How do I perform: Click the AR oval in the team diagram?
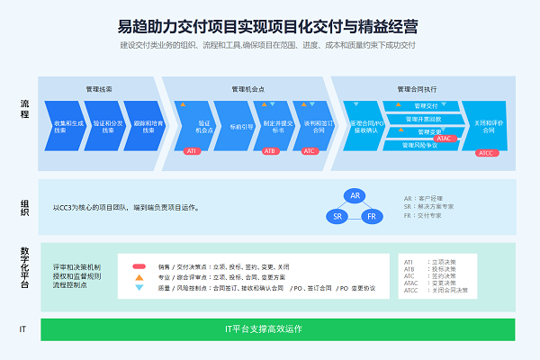pyautogui.click(x=355, y=195)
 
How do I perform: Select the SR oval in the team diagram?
pyautogui.click(x=337, y=217)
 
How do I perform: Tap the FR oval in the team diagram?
pyautogui.click(x=373, y=217)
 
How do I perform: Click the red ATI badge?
pyautogui.click(x=192, y=151)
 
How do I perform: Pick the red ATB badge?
pyautogui.click(x=269, y=151)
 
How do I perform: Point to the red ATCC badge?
pyautogui.click(x=486, y=152)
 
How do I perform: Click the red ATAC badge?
pyautogui.click(x=443, y=139)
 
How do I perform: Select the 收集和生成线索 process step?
pyautogui.click(x=67, y=125)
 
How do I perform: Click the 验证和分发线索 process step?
pyautogui.click(x=106, y=125)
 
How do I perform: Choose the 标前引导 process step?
pyautogui.click(x=238, y=125)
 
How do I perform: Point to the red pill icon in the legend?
pyautogui.click(x=139, y=266)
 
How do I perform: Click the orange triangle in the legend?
pyautogui.click(x=139, y=277)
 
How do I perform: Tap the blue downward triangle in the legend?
pyautogui.click(x=139, y=288)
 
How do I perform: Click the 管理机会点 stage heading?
pyautogui.click(x=246, y=88)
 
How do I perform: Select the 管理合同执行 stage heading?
pyautogui.click(x=417, y=88)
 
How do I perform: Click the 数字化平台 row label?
pyautogui.click(x=24, y=266)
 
